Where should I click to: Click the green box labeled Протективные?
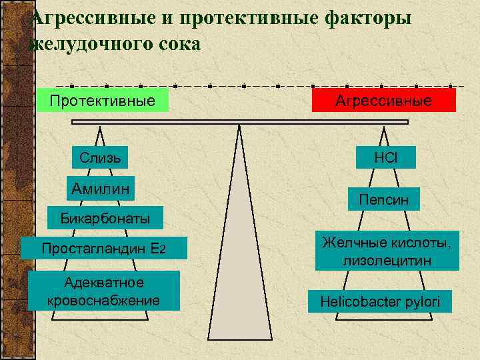tap(103, 100)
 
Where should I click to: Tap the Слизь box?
tap(100, 157)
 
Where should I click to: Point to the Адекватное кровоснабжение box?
tap(103, 291)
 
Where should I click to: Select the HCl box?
tap(385, 157)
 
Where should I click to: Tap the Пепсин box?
tap(384, 199)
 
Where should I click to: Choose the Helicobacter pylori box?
tap(379, 301)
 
